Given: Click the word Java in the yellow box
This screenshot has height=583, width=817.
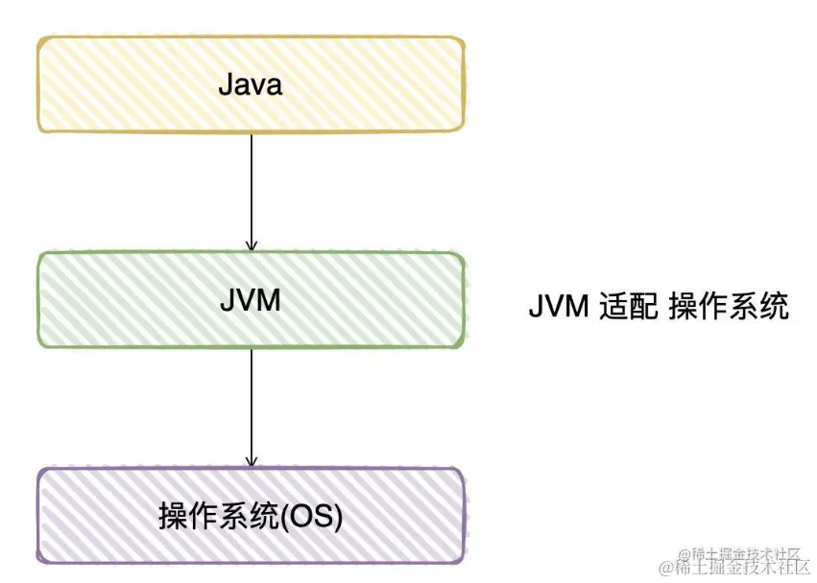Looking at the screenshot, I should pyautogui.click(x=250, y=85).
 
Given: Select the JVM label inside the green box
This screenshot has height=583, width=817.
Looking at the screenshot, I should pyautogui.click(x=250, y=300).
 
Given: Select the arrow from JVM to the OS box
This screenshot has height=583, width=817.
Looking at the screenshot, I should pyautogui.click(x=252, y=407).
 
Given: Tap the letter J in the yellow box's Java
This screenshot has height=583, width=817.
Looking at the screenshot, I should pyautogui.click(x=225, y=85).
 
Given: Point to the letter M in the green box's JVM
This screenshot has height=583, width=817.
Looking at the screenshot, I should pyautogui.click(x=270, y=300).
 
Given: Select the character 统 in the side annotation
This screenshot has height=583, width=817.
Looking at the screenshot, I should pyautogui.click(x=775, y=308).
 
